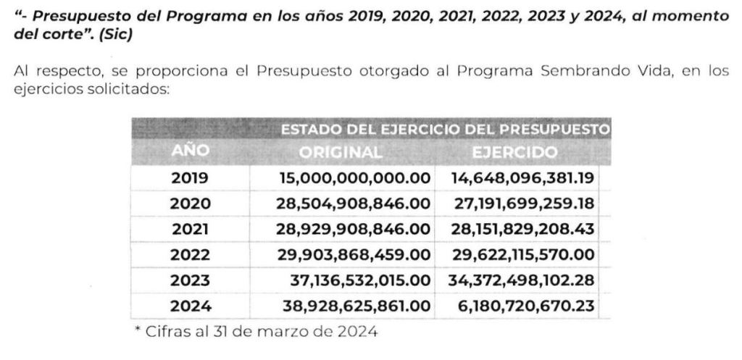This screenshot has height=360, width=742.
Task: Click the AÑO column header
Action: click(190, 151)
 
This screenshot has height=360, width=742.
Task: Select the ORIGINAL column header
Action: click(340, 152)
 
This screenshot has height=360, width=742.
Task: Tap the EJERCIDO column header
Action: click(514, 152)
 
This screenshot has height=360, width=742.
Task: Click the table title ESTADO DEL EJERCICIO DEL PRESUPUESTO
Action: click(443, 130)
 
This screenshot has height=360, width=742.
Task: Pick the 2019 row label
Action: click(190, 177)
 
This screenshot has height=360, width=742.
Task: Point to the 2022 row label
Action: click(190, 254)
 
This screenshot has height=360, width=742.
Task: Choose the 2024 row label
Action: click(190, 306)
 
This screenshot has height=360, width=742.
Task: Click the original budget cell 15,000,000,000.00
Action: click(356, 177)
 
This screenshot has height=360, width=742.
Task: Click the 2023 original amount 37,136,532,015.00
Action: click(359, 280)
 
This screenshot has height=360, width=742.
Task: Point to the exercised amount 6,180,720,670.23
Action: click(527, 306)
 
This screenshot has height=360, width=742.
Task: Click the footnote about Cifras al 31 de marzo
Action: click(257, 332)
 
